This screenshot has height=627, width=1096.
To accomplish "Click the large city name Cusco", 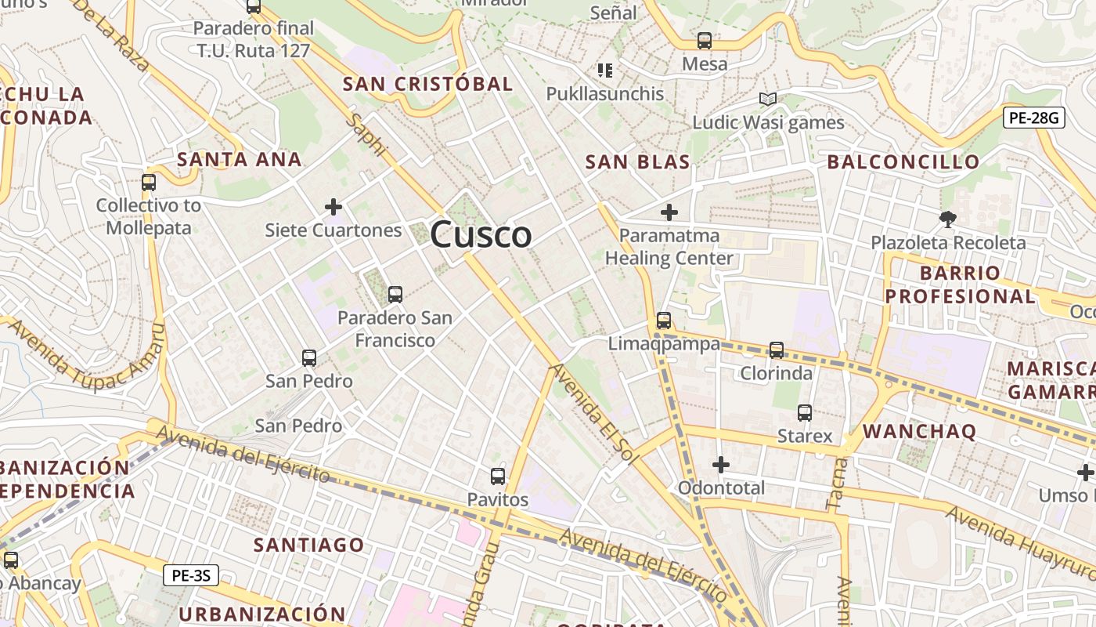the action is pos(481,234).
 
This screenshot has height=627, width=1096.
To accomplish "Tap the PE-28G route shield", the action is pos(1033,118).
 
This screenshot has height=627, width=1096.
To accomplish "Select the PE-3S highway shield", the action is pos(191,576).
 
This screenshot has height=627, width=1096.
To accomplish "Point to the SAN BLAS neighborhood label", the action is pos(637,162).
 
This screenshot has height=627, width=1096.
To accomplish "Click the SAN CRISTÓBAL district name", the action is pos(427,84).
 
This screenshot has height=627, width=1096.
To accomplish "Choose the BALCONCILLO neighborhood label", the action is pos(903,162).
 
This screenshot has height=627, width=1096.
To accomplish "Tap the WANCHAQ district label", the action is pos(919,431).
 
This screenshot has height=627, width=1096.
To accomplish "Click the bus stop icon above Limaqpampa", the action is pos(664,321).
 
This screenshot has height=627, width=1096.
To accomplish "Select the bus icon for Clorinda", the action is pos(777,350).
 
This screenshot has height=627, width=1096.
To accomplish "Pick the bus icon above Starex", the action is pos(805,412).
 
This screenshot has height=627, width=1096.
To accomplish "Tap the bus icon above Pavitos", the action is pos(498,476).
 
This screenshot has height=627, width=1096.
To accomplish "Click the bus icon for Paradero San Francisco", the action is pos(395,295).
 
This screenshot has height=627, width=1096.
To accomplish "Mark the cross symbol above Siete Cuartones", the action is pos(333,207).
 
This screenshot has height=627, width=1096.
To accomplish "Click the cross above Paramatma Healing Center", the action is pos(669,212).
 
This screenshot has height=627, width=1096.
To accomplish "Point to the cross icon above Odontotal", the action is pos(721,465).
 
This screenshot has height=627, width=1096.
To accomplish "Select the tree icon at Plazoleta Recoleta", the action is pos(948,219).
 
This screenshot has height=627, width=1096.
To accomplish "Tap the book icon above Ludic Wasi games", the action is pos(768,100).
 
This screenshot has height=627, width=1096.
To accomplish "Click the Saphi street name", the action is pos(366,135).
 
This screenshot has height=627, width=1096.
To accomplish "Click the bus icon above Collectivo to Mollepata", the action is pos(149,183).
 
